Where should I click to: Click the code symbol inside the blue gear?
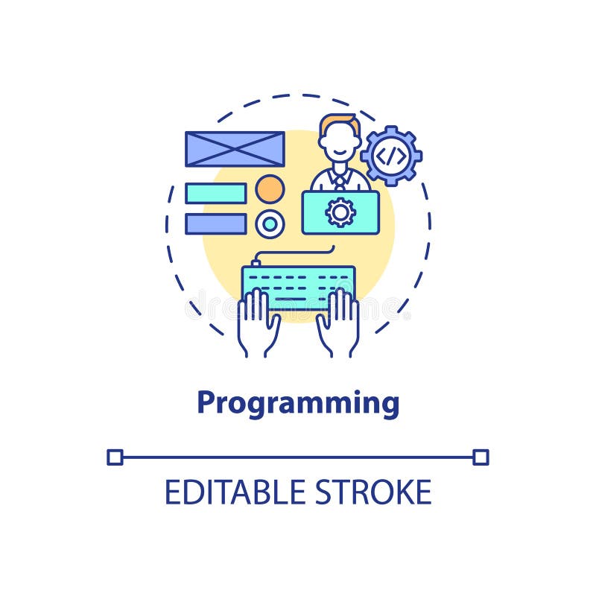(x=391, y=156)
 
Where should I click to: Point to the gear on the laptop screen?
(x=340, y=212)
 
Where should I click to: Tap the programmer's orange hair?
(x=340, y=120)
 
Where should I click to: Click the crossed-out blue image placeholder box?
(x=235, y=149)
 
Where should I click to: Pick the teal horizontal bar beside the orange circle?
(x=215, y=193)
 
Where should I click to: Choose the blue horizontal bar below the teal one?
(x=215, y=223)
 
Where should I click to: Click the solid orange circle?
(x=270, y=189)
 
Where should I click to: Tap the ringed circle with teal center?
(x=270, y=223)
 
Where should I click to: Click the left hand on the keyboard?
(x=257, y=324)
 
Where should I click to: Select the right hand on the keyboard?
(x=339, y=324)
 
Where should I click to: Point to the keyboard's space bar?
(x=298, y=298)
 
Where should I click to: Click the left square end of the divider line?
(x=115, y=457)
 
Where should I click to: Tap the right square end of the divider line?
(x=481, y=457)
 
